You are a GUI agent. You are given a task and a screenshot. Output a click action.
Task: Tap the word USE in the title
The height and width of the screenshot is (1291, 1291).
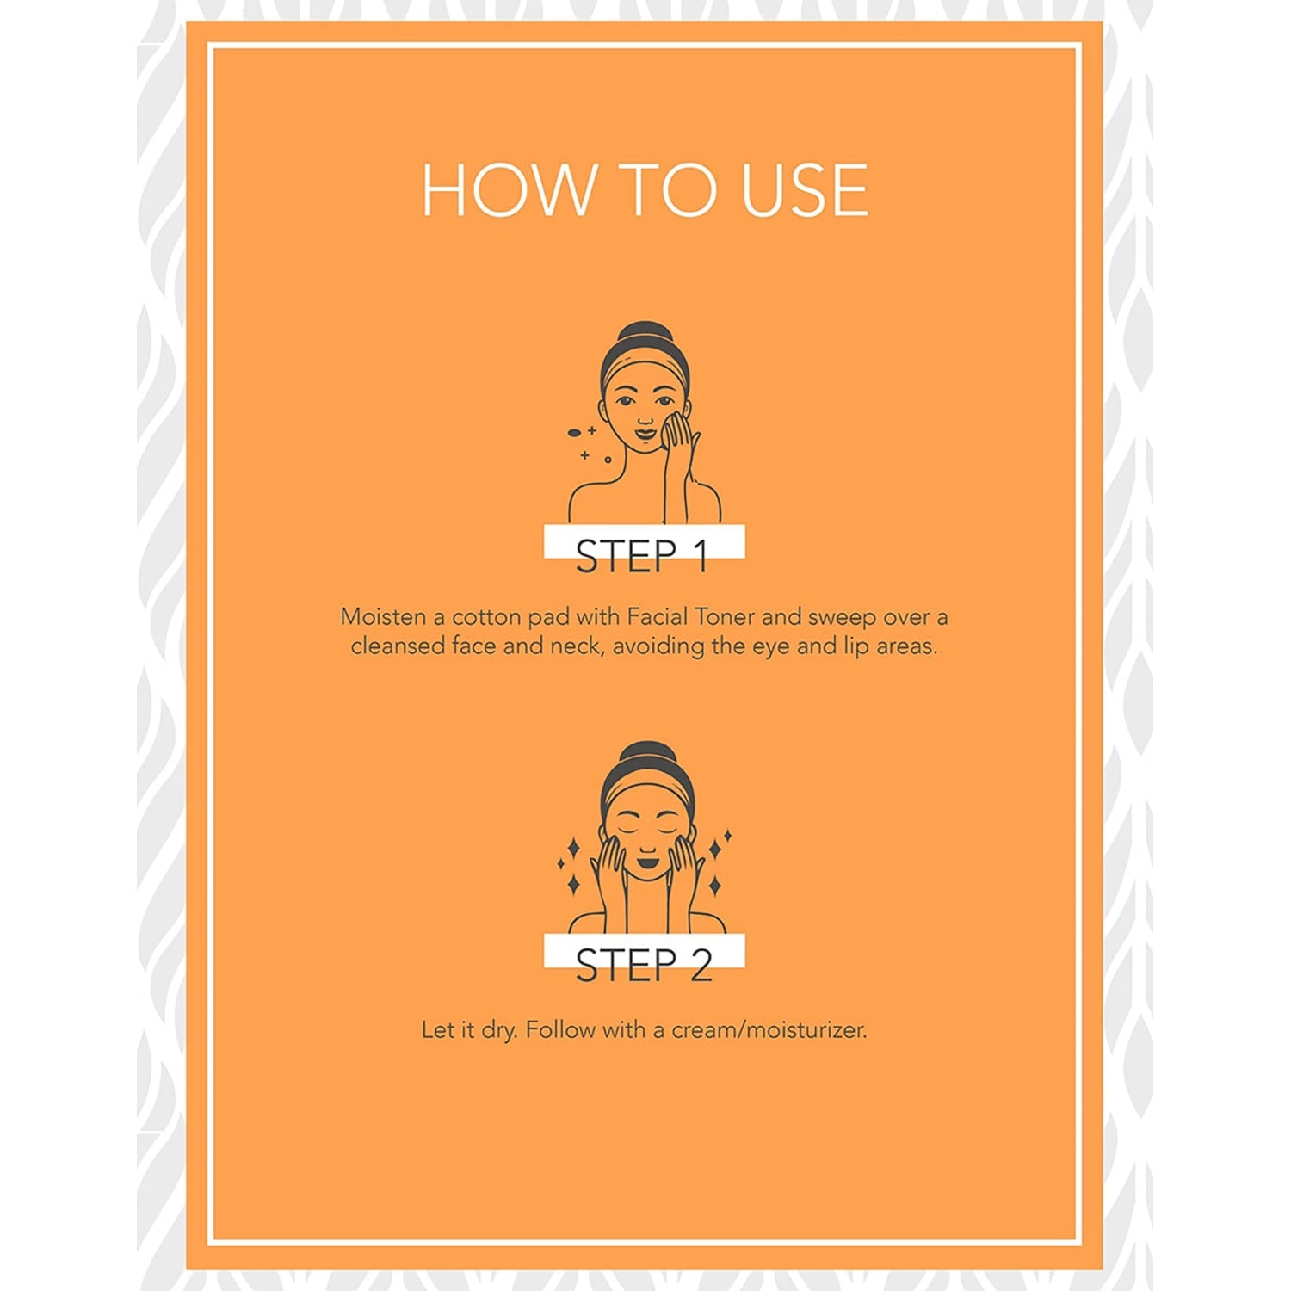click(x=805, y=189)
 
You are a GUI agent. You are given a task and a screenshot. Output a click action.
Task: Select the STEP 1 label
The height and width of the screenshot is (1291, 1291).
click(x=642, y=556)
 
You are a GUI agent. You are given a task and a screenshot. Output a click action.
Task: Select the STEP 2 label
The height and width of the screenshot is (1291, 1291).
click(x=644, y=965)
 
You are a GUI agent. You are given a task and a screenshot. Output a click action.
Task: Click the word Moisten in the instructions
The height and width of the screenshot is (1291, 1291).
click(x=383, y=617)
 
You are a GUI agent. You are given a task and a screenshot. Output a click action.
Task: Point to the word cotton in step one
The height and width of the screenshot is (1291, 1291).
click(x=486, y=617)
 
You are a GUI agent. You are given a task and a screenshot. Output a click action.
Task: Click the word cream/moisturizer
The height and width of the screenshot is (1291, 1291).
click(x=769, y=1029)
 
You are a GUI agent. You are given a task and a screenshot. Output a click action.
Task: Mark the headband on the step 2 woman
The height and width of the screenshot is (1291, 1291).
click(x=647, y=791)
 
